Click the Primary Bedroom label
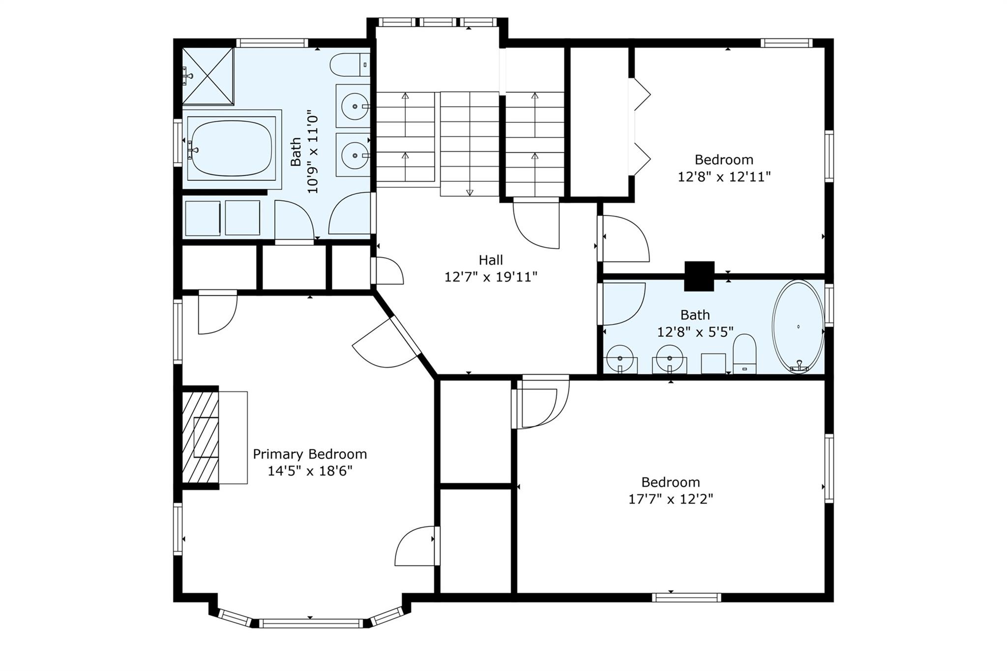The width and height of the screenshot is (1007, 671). [x=310, y=454]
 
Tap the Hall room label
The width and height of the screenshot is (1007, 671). [x=491, y=260]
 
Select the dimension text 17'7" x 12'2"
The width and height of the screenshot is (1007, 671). [x=671, y=499]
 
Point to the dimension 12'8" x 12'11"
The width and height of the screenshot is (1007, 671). [x=724, y=176]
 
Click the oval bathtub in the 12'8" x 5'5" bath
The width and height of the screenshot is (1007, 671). [x=798, y=327]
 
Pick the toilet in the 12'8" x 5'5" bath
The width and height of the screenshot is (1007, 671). [x=744, y=354]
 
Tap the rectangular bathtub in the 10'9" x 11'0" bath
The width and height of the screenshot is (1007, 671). [x=231, y=148]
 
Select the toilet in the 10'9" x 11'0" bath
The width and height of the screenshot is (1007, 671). [x=350, y=65]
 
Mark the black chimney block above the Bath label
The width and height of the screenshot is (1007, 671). [x=699, y=276]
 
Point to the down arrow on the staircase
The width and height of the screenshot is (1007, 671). [x=470, y=192]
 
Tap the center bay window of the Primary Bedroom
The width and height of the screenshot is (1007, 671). [x=310, y=623]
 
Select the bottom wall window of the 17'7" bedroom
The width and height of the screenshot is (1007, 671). [x=687, y=597]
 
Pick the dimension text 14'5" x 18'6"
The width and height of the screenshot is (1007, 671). [x=310, y=471]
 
